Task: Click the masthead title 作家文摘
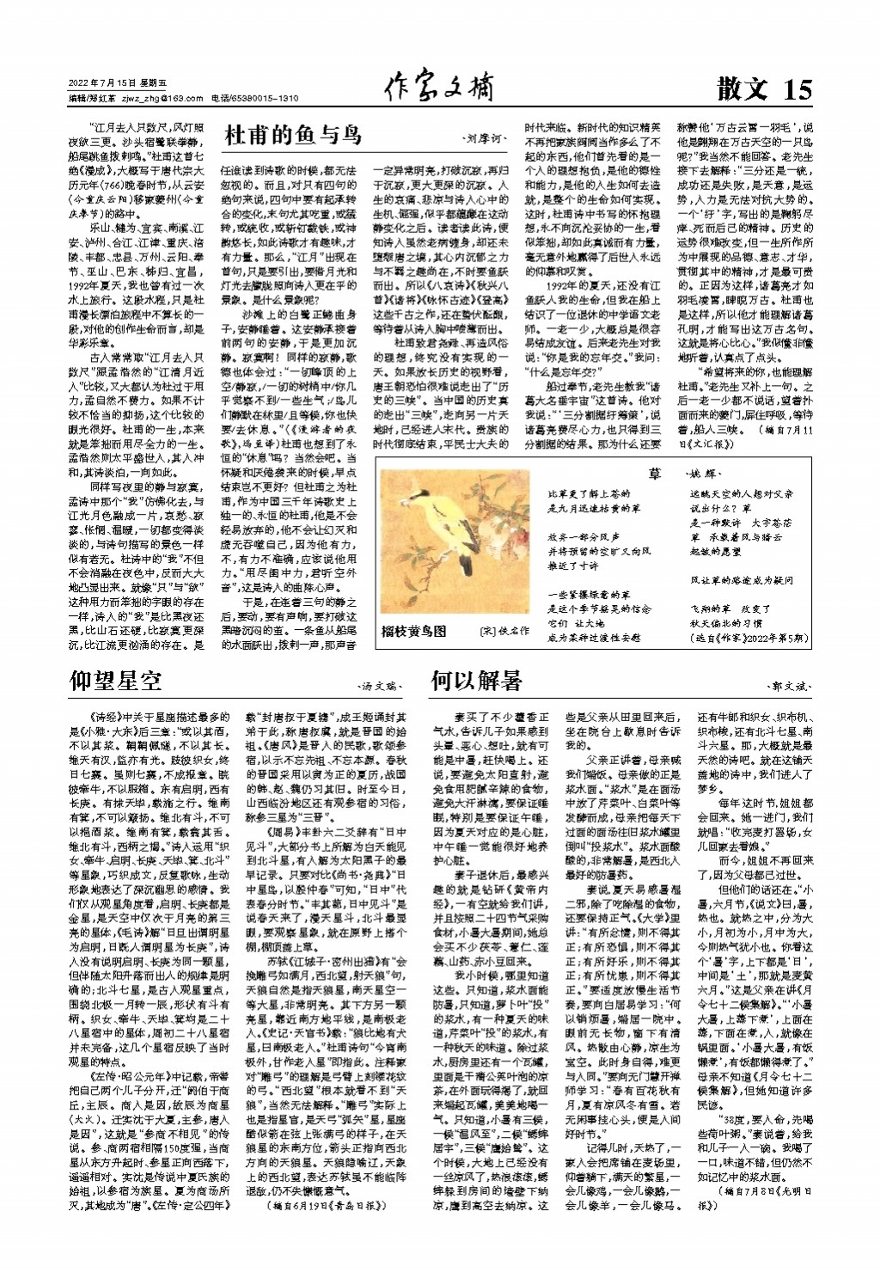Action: point(439,87)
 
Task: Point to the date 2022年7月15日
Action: point(102,83)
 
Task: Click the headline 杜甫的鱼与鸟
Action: point(293,135)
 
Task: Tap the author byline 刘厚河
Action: point(485,138)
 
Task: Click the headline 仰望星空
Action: point(116,682)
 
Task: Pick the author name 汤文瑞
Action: point(381,687)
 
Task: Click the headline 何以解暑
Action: point(476,682)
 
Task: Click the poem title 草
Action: point(656,474)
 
